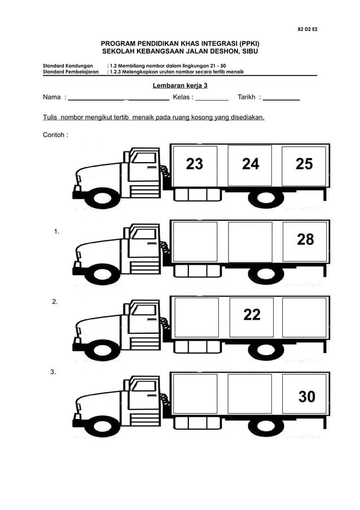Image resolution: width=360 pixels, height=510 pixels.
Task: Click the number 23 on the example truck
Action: point(195,164)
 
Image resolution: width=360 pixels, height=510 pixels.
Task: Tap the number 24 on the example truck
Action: point(251,164)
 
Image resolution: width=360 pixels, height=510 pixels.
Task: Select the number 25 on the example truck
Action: point(304,164)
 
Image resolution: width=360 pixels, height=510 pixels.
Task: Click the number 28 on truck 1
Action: point(305,239)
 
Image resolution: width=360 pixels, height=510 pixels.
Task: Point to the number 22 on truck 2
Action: point(252,315)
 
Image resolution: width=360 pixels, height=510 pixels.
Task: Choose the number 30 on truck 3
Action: point(306,396)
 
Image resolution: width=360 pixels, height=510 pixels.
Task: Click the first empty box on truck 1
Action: point(195,241)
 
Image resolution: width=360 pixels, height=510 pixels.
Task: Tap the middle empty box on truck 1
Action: point(250,241)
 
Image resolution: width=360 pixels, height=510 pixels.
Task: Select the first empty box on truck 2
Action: point(196,317)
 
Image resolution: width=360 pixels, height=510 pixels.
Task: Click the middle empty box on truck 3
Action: point(250,393)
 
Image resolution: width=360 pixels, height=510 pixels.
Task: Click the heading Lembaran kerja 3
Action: point(180,86)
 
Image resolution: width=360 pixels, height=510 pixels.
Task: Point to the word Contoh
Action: point(54,135)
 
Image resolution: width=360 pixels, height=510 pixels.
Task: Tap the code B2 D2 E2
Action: point(308,29)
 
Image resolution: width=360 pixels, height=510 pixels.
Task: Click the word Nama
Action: point(51,97)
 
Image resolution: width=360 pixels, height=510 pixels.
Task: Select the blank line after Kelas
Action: point(212,98)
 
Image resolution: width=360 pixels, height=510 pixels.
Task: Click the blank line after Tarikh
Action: point(282,98)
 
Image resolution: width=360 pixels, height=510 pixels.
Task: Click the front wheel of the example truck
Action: point(104,198)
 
